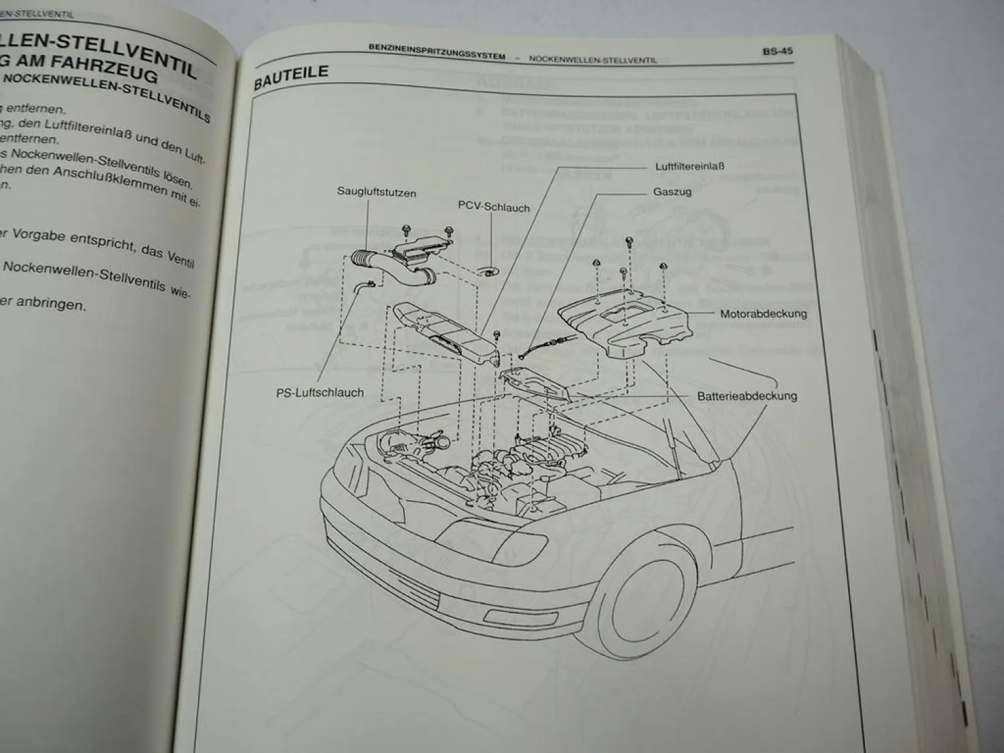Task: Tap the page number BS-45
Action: point(777,52)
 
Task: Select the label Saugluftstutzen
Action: point(376,193)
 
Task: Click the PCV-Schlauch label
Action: point(493,207)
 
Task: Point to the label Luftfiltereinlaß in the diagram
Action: point(689,166)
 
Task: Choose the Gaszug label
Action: point(672,191)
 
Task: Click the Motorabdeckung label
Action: point(763,313)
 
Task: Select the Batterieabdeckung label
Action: point(747,396)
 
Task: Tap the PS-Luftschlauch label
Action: point(320,393)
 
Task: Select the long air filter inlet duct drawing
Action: point(445,333)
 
